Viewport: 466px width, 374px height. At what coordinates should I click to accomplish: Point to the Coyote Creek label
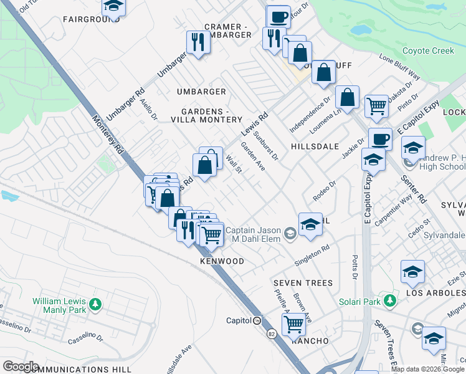coord(428,50)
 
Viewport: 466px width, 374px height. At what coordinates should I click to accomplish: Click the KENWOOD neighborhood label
coord(222,261)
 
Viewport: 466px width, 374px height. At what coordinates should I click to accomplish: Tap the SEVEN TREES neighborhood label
coord(303,283)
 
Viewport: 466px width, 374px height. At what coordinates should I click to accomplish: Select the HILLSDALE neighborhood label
coord(315,146)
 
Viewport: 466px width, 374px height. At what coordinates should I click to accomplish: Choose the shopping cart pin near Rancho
coord(293,324)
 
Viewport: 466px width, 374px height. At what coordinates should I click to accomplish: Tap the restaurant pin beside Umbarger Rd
coord(197,42)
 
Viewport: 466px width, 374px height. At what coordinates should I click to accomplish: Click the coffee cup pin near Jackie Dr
coord(380,138)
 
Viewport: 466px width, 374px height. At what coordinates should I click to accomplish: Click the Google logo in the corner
coord(20,366)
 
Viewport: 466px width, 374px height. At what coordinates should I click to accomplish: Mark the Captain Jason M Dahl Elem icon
coord(290,234)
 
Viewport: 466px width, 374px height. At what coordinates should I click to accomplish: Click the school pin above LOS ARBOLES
coord(412,271)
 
